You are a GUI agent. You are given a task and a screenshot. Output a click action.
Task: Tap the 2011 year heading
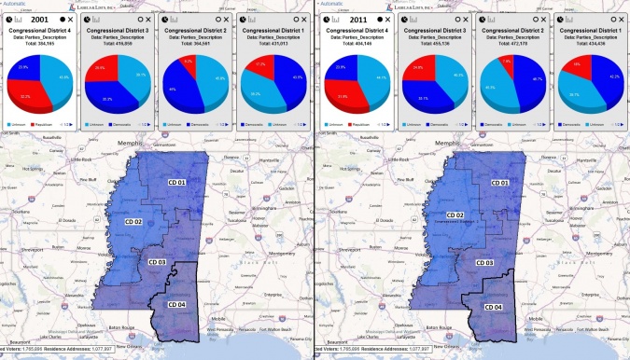[359, 19]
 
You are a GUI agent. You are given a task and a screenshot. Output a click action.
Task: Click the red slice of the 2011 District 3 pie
[415, 72]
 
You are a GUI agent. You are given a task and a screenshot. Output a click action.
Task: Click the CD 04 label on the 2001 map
[177, 304]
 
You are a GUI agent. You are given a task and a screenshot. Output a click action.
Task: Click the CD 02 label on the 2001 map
[133, 222]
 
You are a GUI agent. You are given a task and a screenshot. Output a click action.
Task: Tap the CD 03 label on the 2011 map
[484, 262]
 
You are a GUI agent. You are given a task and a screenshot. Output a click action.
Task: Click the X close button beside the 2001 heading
[72, 19]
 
